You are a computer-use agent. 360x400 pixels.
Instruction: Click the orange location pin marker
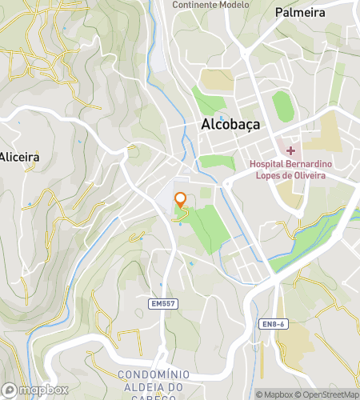pyautogui.click(x=181, y=200)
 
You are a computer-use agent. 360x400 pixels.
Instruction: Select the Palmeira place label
pyautogui.click(x=300, y=13)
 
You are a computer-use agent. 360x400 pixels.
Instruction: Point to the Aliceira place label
pyautogui.click(x=19, y=157)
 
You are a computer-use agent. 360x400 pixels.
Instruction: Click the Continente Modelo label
pyautogui.click(x=210, y=4)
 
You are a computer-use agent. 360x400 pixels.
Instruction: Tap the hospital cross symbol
pyautogui.click(x=290, y=150)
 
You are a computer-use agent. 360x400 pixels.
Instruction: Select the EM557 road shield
pyautogui.click(x=162, y=304)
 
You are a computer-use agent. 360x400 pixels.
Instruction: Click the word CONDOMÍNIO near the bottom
pyautogui.click(x=151, y=375)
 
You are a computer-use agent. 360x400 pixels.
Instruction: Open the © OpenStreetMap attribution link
pyautogui.click(x=328, y=394)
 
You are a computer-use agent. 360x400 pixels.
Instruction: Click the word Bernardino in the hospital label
pyautogui.click(x=311, y=165)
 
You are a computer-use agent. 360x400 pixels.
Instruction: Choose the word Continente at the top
pyautogui.click(x=194, y=4)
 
